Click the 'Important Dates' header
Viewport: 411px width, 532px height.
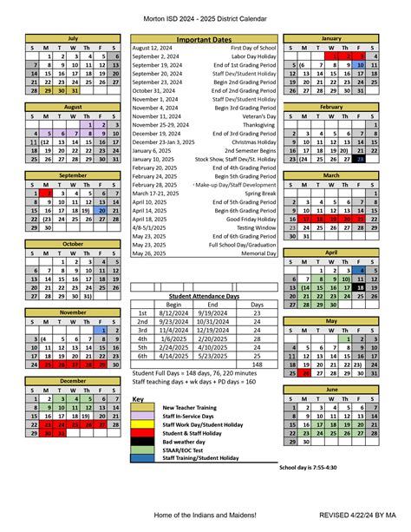(204, 40)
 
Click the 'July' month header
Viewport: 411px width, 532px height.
(73, 39)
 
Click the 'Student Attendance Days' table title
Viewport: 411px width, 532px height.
(204, 295)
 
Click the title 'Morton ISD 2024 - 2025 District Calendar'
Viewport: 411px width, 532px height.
(205, 17)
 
